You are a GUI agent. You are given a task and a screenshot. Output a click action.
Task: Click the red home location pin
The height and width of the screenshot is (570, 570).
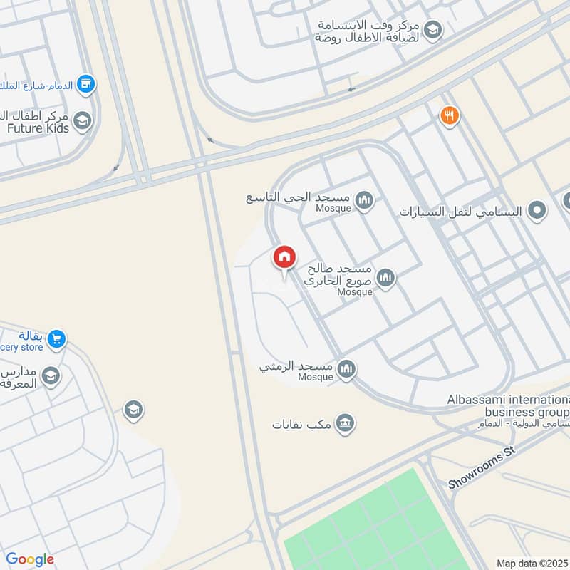(284, 257)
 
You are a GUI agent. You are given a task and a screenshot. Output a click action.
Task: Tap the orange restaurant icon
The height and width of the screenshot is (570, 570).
(449, 115)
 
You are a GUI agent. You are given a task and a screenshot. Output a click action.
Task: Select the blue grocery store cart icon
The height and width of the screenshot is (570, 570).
(58, 340)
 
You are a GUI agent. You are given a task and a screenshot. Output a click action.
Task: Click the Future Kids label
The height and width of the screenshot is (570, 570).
(38, 128)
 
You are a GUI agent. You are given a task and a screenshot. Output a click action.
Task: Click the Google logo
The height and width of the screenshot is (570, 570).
(30, 559)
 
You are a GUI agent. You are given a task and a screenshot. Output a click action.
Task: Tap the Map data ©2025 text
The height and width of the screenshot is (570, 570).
(532, 563)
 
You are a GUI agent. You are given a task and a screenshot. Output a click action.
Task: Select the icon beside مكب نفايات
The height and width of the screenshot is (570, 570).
(346, 423)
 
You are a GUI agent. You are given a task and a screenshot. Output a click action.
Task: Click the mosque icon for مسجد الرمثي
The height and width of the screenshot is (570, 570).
(346, 368)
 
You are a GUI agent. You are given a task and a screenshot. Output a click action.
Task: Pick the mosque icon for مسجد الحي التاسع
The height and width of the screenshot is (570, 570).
(365, 200)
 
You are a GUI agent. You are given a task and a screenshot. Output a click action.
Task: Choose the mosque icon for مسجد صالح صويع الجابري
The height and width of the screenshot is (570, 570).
(386, 277)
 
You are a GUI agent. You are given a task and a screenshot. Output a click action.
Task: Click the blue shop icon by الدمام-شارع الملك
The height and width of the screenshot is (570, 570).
(86, 84)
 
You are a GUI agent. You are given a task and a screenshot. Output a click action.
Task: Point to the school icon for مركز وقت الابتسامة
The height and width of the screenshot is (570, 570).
(432, 30)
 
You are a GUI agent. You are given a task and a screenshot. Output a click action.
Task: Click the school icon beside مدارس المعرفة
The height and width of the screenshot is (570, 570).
(51, 375)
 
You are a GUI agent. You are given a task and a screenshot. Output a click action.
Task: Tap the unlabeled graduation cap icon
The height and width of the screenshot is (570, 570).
(133, 410)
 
